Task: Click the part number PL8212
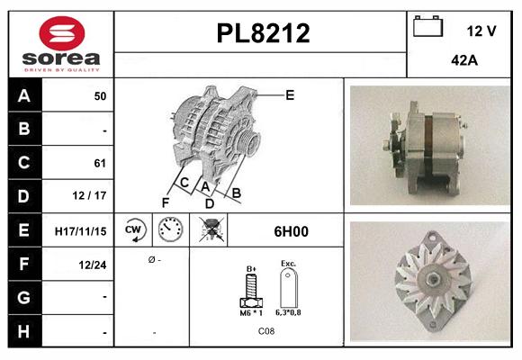click(264, 34)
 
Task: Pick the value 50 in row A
click(99, 94)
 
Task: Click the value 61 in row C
click(99, 163)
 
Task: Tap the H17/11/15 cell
click(80, 231)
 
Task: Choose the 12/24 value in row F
click(94, 265)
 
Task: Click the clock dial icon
click(170, 230)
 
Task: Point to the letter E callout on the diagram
click(290, 94)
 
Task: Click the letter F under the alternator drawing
click(166, 202)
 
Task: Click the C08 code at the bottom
click(266, 332)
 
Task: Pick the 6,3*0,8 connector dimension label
click(289, 313)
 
